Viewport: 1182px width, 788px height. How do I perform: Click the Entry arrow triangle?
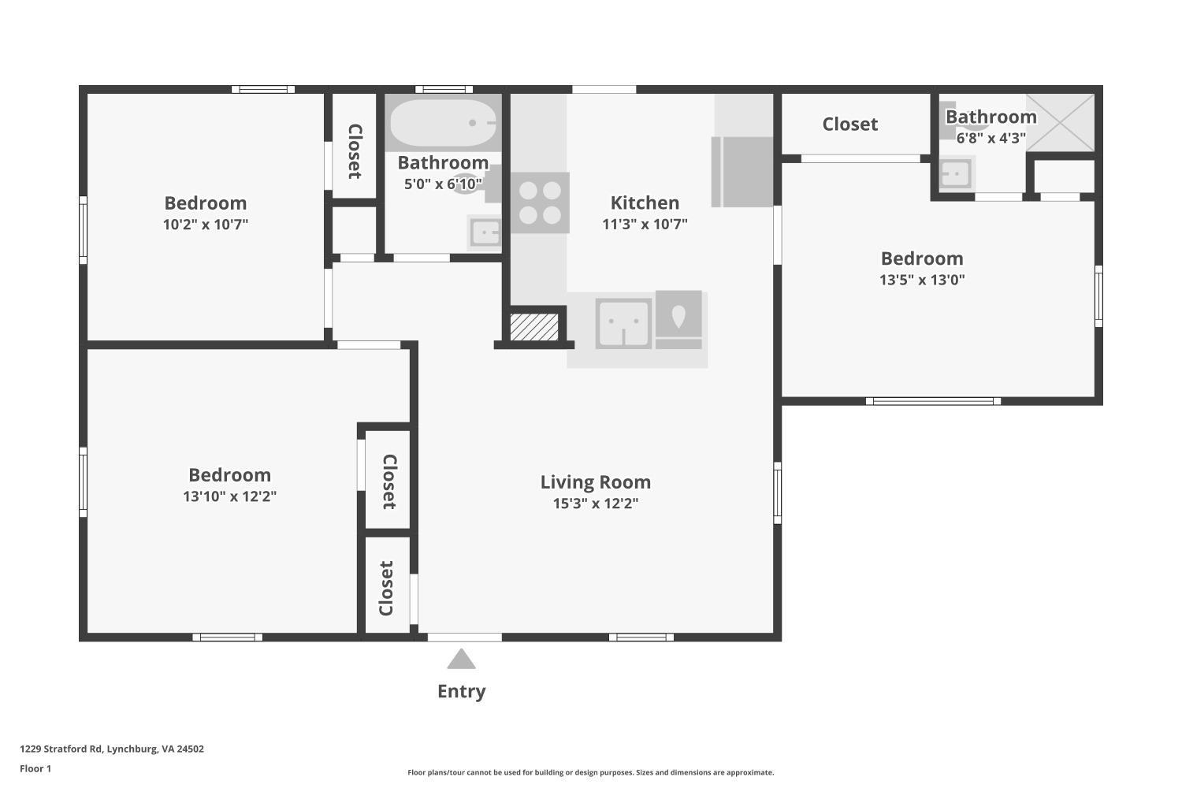(461, 660)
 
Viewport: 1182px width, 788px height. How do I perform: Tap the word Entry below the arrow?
(461, 691)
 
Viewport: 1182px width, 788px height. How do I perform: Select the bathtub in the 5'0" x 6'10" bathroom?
(442, 123)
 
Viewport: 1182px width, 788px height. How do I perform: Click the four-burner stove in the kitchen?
(540, 203)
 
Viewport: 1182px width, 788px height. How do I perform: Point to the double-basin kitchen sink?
(623, 323)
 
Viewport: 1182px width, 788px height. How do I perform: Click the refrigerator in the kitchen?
(742, 172)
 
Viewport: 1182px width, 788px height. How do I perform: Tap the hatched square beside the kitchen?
(534, 327)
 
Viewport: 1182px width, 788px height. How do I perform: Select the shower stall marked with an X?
(1061, 122)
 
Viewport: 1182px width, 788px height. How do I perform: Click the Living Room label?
(595, 482)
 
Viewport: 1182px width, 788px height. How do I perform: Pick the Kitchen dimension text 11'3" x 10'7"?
(645, 224)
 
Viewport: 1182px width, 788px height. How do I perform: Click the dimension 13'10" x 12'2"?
(229, 496)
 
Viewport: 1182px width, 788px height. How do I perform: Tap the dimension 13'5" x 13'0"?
(922, 280)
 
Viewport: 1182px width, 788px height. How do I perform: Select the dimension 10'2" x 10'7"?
(205, 225)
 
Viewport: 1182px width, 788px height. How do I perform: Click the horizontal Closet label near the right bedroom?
(849, 125)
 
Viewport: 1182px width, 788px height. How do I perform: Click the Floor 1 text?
(35, 769)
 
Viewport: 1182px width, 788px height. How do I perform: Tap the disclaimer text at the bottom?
(590, 773)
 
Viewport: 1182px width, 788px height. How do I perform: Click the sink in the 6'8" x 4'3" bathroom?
(956, 173)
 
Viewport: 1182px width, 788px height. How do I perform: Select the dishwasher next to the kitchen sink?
(678, 319)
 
